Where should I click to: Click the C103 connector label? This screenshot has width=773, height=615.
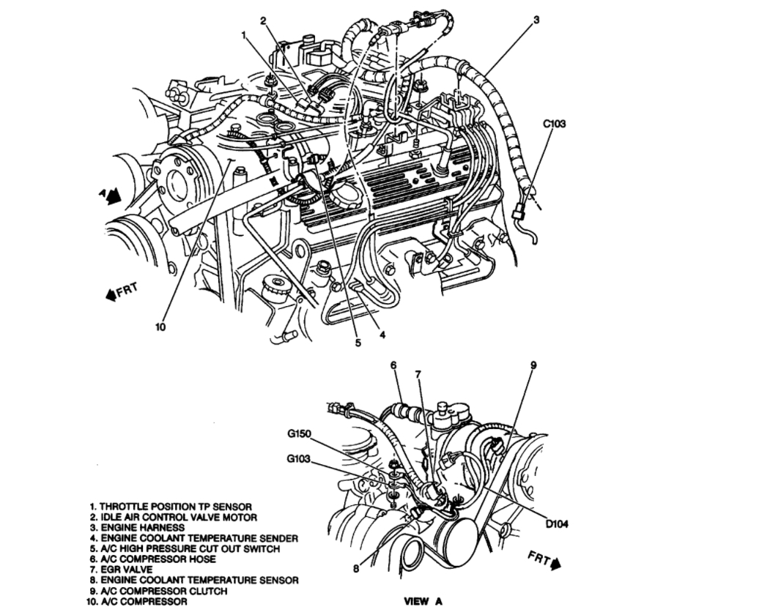(x=554, y=124)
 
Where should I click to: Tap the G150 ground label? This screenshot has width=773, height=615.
(x=299, y=433)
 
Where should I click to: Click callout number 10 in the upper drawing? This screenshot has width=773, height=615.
(x=161, y=327)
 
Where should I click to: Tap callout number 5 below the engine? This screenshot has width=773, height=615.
(x=358, y=341)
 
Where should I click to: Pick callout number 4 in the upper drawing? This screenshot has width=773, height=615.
(x=382, y=336)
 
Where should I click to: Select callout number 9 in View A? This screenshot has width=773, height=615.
(x=533, y=364)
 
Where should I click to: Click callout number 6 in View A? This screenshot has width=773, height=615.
(x=393, y=364)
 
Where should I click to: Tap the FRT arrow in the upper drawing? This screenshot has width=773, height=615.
(x=122, y=293)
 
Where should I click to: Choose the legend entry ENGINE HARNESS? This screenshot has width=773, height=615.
(x=137, y=527)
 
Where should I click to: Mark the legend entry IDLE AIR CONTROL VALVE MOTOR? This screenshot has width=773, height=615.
(x=173, y=517)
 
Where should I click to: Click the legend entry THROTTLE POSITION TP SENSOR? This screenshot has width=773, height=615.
(x=171, y=506)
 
